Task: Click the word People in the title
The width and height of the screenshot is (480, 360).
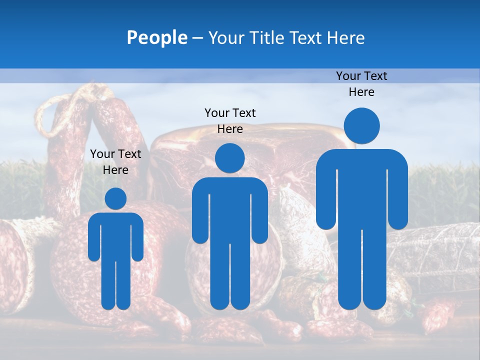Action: click(x=156, y=37)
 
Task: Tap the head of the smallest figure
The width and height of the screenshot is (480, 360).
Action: click(x=115, y=198)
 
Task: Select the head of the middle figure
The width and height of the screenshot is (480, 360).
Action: click(x=229, y=158)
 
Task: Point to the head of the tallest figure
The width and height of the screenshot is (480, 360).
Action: click(x=361, y=125)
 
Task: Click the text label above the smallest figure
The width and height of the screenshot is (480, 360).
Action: click(x=115, y=161)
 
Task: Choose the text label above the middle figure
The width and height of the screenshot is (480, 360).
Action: click(x=230, y=120)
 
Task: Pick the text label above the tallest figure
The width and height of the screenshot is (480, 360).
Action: click(x=361, y=83)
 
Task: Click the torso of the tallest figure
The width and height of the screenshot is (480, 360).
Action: click(x=361, y=190)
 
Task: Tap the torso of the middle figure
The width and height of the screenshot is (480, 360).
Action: click(x=229, y=210)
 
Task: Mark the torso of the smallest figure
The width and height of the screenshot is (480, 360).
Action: click(x=115, y=235)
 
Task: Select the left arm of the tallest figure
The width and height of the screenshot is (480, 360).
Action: click(x=325, y=195)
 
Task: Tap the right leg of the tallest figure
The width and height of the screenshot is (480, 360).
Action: click(x=373, y=270)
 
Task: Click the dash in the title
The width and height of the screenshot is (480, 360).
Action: click(x=197, y=38)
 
